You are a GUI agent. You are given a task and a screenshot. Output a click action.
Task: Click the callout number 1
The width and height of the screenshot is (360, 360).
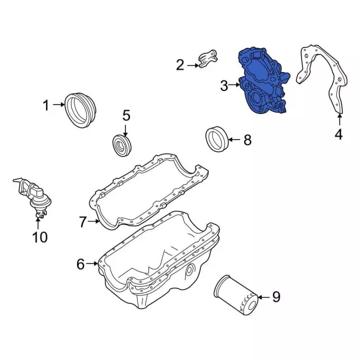pyautogui.click(x=46, y=105)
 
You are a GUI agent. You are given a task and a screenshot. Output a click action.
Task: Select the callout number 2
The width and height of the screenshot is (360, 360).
pyautogui.click(x=180, y=65)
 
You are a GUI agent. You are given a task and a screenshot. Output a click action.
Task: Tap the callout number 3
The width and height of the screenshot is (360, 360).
pyautogui.click(x=224, y=85)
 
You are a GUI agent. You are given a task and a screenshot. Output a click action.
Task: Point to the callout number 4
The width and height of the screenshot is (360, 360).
pyautogui.click(x=339, y=134)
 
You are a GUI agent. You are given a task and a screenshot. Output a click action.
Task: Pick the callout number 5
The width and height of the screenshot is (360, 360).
pyautogui.click(x=126, y=115)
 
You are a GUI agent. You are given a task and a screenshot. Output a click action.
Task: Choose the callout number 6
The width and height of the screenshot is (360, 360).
pyautogui.click(x=80, y=264)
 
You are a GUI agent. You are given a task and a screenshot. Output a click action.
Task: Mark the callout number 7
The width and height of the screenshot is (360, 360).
pyautogui.click(x=83, y=222)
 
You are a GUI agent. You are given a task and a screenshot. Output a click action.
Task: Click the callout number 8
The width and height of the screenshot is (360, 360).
pyautogui.click(x=247, y=140)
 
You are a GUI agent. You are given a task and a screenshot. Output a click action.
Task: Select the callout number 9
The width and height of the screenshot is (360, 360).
pyautogui.click(x=276, y=297)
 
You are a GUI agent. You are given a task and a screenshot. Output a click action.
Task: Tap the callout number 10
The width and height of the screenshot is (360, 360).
pyautogui.click(x=40, y=237)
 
